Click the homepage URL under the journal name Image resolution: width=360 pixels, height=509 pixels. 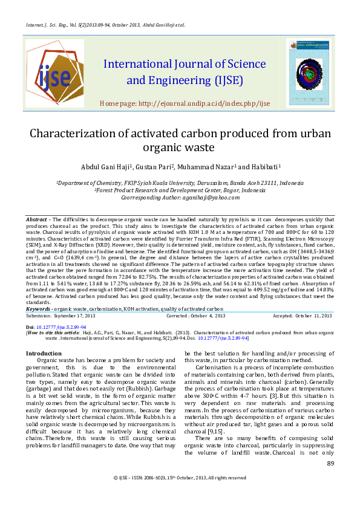185,103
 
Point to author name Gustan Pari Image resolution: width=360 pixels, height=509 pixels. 157,167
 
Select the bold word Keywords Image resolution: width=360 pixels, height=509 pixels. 39,309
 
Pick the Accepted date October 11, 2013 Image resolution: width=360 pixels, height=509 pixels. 313,316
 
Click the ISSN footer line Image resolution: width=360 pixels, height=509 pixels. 180,478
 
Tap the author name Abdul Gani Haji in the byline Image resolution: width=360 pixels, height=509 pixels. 105,167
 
